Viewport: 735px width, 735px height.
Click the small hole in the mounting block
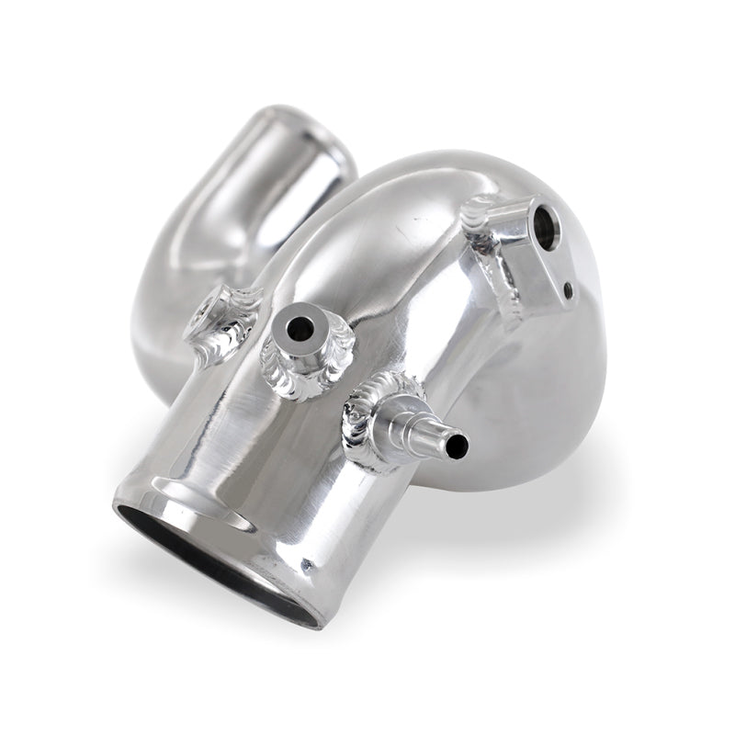pyautogui.click(x=570, y=293)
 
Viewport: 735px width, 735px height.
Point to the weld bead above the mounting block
pyautogui.click(x=482, y=211)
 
